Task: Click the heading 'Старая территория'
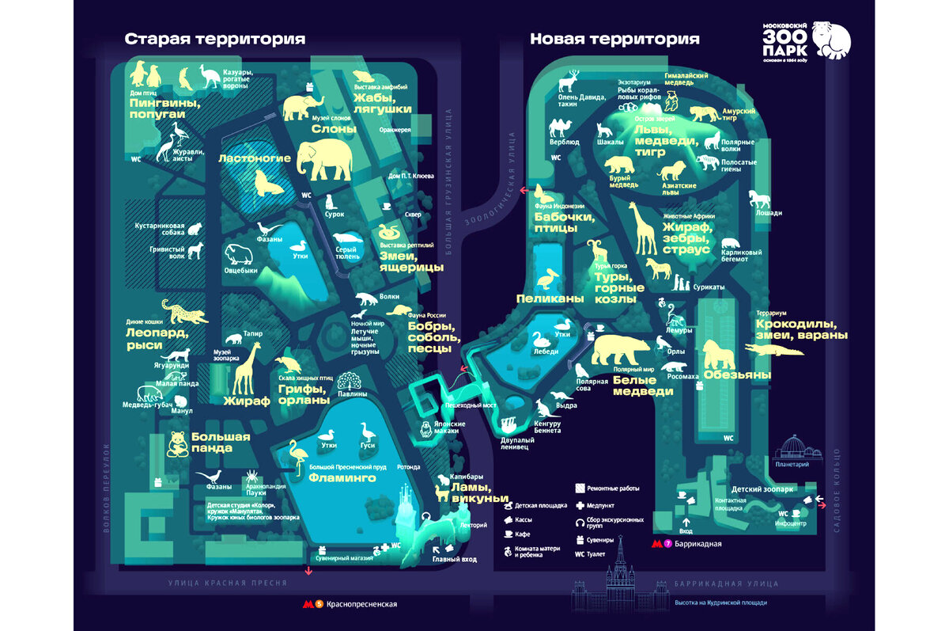[214, 39]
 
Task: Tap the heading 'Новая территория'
[614, 39]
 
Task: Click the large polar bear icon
[621, 349]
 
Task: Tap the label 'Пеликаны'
[550, 298]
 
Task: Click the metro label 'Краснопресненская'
[360, 604]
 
